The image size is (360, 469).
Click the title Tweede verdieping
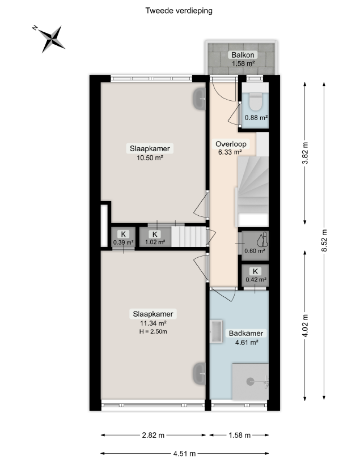point(179,11)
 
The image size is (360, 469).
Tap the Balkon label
point(243,55)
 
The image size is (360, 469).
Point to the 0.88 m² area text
point(256,118)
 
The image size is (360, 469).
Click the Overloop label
point(231,144)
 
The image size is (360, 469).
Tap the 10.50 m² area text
point(150,157)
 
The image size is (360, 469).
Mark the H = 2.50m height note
point(153,331)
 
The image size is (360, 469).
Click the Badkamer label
point(246,333)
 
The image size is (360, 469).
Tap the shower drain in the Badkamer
point(250,381)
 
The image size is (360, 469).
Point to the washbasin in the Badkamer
point(216,331)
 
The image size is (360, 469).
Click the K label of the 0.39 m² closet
point(123,234)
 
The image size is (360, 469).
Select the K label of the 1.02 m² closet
point(155,234)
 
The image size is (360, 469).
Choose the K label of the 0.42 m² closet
point(255,271)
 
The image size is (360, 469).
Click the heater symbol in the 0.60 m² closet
point(262,240)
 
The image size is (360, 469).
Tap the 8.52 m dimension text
point(324,241)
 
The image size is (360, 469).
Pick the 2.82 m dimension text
point(153,435)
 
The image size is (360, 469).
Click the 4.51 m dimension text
point(185,454)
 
